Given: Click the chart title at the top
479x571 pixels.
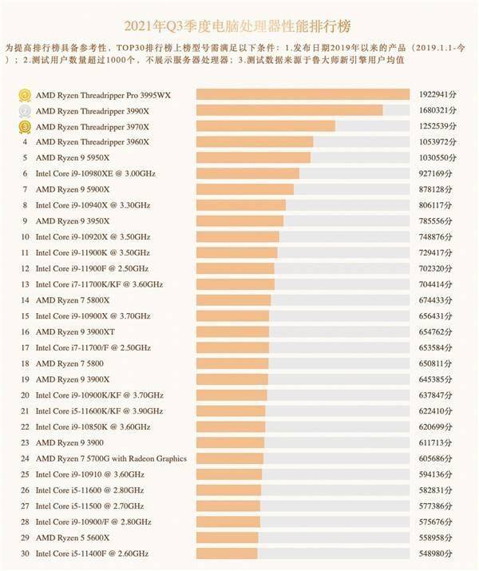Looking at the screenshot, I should pyautogui.click(x=239, y=24).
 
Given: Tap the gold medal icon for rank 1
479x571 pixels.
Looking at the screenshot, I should pyautogui.click(x=26, y=95).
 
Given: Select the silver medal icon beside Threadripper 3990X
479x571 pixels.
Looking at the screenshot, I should pyautogui.click(x=26, y=110).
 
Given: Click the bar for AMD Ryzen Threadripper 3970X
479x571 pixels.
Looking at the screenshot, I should pyautogui.click(x=265, y=126).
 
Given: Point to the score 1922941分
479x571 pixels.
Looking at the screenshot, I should pyautogui.click(x=437, y=95).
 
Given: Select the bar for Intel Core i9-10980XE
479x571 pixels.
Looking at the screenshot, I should pyautogui.click(x=247, y=173).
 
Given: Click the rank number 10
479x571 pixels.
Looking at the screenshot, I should pyautogui.click(x=25, y=237).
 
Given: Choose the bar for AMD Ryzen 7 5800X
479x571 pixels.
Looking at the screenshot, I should pyautogui.click(x=233, y=300).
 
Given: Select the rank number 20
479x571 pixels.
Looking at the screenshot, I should pyautogui.click(x=25, y=395).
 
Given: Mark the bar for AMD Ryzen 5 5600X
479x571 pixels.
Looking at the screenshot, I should pyautogui.click(x=228, y=537).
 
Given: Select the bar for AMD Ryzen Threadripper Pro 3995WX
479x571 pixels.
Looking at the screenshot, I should pyautogui.click(x=303, y=95).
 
